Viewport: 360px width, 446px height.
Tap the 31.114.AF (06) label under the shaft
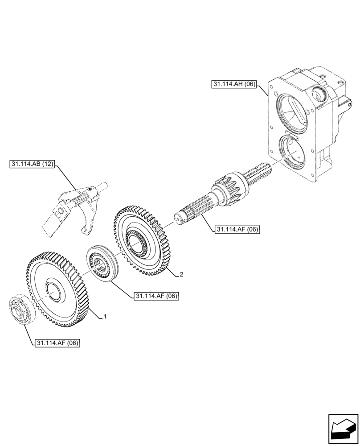[x=237, y=229]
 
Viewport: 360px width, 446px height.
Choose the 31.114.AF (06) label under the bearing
[x=57, y=343]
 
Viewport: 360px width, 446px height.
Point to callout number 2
[x=181, y=274]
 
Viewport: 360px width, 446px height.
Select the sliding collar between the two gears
[x=103, y=264]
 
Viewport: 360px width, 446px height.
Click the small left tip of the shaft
[x=179, y=218]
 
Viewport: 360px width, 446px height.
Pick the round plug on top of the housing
[x=320, y=95]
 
